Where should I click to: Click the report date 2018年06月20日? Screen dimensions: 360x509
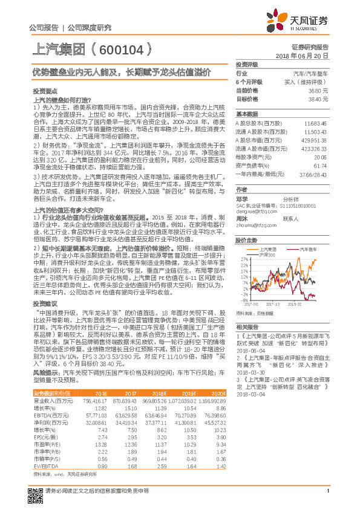(302, 55)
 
